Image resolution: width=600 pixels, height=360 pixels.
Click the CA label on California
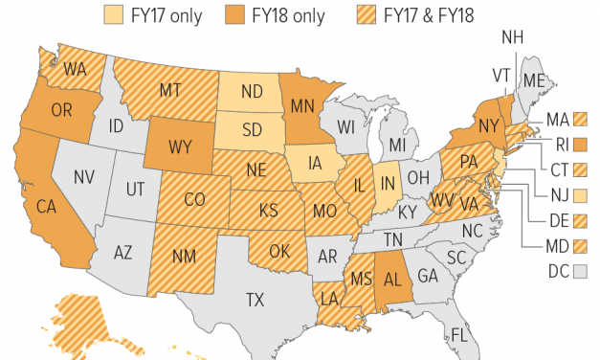[45, 207]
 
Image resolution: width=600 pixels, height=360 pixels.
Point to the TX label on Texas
[255, 300]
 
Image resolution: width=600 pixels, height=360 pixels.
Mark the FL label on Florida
[458, 334]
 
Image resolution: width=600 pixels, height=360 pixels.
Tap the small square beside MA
[579, 120]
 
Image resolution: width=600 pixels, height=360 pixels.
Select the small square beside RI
[579, 145]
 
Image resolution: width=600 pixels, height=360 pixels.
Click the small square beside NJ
[579, 195]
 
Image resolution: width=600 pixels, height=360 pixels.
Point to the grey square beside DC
[579, 271]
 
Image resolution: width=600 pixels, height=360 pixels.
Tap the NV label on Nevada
[83, 176]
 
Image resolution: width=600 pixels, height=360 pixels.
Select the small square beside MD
[579, 246]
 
